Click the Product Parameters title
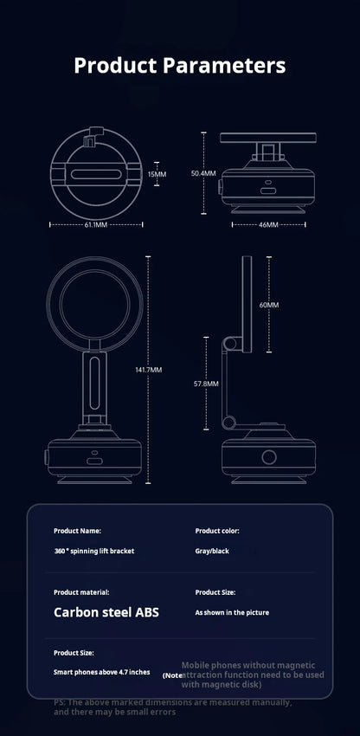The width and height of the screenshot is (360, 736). [x=180, y=65]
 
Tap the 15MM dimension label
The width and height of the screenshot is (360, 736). [x=156, y=173]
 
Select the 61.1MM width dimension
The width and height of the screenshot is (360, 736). [x=95, y=223]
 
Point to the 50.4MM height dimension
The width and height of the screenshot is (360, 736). [x=202, y=173]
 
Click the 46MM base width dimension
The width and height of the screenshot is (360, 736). [x=268, y=223]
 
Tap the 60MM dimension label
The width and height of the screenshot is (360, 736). [x=268, y=305]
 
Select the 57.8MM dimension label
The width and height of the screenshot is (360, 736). [x=205, y=382]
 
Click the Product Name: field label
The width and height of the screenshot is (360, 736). [x=77, y=530]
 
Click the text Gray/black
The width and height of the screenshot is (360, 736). [x=212, y=551]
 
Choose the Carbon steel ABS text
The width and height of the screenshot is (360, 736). [x=106, y=612]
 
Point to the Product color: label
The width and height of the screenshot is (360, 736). [x=217, y=530]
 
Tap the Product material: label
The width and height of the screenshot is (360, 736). [x=81, y=592]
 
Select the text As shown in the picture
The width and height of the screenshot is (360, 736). [x=232, y=612]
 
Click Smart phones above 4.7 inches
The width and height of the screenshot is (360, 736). [x=101, y=672]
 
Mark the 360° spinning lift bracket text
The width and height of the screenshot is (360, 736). [x=93, y=551]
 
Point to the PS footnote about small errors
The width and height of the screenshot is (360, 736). [x=114, y=707]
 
